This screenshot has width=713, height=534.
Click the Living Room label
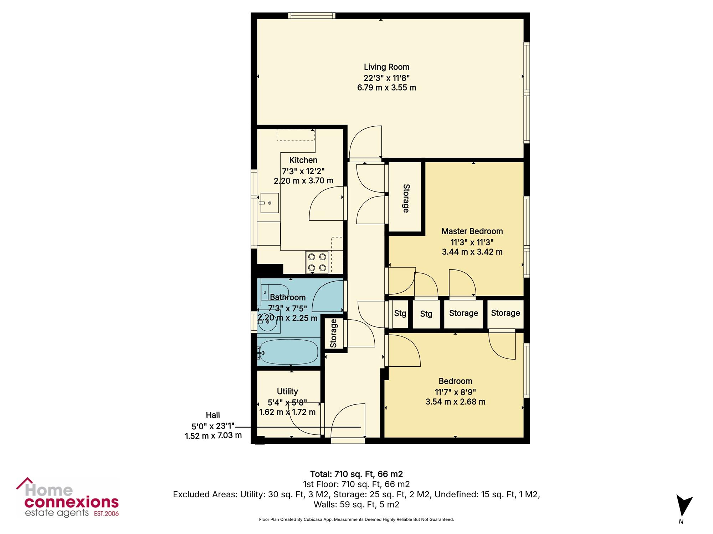point(386,67)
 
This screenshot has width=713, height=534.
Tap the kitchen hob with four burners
point(317,262)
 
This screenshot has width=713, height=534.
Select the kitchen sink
point(269,203)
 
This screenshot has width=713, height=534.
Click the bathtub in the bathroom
point(288,352)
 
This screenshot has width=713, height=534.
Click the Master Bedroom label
point(472,231)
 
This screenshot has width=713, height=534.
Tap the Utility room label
point(287,392)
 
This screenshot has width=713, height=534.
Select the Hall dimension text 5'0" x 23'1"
point(213,426)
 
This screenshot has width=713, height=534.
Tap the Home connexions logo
point(67,498)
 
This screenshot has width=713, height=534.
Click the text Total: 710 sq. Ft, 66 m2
point(356,474)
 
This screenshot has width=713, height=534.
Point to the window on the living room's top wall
point(312,16)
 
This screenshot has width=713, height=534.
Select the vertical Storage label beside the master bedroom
point(406,198)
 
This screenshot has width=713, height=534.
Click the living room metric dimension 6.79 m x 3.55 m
point(386,88)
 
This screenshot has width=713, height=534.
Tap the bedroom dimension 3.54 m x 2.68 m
point(455,402)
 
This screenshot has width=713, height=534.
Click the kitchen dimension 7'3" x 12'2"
point(303,171)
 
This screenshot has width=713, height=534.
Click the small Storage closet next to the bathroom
point(333,333)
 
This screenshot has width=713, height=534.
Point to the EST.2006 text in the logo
point(106,514)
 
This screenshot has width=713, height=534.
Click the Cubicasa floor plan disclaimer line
point(356,520)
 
